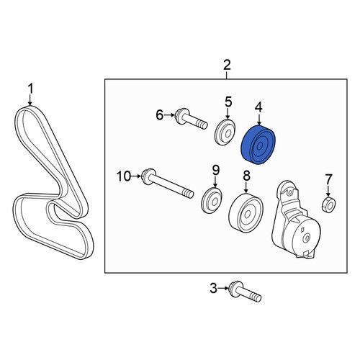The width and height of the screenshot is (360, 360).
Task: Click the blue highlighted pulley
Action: point(258,145)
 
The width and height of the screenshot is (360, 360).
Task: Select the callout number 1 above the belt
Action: point(30,89)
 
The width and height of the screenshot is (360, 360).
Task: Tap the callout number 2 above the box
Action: point(227,65)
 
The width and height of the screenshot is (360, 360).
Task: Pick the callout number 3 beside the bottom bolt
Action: point(213,288)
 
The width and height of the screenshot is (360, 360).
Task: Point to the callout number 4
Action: point(258,108)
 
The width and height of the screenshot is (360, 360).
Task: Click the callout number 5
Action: point(228,102)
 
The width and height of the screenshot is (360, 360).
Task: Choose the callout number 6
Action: point(160,115)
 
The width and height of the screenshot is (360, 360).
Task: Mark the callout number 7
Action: point(328,179)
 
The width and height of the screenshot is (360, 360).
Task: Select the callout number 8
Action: point(247,176)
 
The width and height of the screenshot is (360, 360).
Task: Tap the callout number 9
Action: point(216,171)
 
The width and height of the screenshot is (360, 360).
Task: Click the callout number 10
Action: point(124,176)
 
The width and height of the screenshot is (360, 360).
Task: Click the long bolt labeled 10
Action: point(168,184)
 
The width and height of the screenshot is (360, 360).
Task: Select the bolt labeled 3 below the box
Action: point(245,292)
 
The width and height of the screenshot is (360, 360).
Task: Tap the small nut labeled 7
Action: point(329,205)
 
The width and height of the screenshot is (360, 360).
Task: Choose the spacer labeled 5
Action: point(225,132)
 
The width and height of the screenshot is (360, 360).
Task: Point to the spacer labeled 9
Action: point(212,200)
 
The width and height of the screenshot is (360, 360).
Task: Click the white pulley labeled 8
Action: point(246,212)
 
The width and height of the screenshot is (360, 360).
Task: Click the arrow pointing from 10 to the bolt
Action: point(136,176)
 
